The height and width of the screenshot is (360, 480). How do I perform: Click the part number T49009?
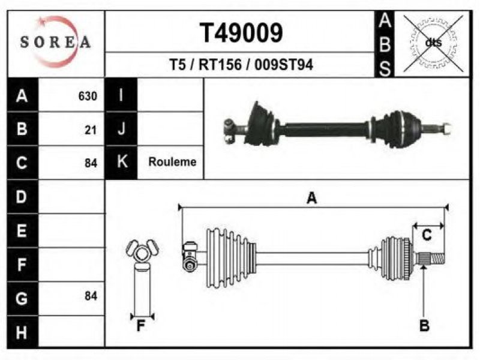click(241, 33)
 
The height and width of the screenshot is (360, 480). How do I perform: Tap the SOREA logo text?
click(55, 41)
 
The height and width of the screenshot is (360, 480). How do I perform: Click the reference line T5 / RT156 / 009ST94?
click(241, 65)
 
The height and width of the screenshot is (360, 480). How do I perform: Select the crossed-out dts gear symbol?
click(433, 43)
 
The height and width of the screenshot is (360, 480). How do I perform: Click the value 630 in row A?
click(88, 96)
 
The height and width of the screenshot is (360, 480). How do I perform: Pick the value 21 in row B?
click(91, 130)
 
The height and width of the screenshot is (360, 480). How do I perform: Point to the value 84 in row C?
click(91, 163)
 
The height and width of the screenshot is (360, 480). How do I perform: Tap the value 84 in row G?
click(91, 296)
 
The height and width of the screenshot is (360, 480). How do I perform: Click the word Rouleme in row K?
click(172, 161)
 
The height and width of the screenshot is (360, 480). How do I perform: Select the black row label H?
click(22, 332)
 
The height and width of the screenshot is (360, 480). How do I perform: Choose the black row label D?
click(22, 197)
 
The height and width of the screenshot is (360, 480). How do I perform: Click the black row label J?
click(121, 128)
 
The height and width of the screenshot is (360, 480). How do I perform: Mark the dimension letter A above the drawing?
click(311, 198)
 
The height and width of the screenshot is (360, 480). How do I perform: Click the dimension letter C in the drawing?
click(427, 235)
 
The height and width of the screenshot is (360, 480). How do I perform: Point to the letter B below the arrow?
click(424, 325)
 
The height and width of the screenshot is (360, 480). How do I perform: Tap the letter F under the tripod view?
click(141, 326)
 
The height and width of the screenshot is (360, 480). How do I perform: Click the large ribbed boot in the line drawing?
click(231, 258)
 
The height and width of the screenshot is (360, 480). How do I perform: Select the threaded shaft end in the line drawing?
click(431, 258)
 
